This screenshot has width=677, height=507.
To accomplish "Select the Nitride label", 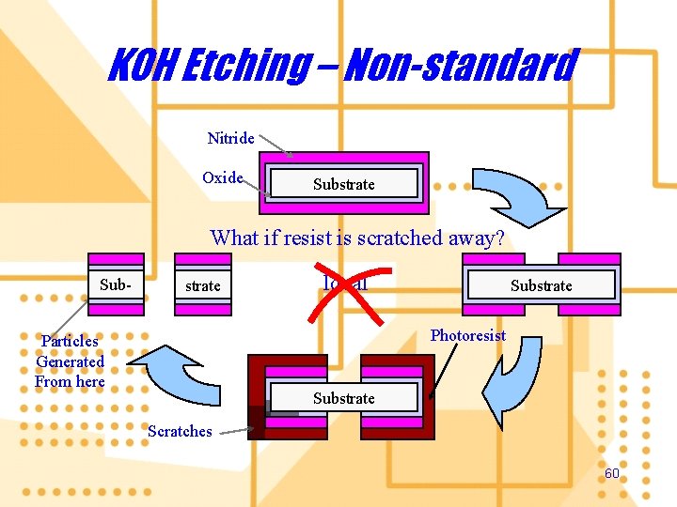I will point(230,139).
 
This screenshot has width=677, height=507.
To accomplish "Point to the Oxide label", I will point(223,177).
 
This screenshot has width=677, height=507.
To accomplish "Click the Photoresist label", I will point(467,335).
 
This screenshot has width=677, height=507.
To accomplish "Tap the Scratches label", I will point(180,431).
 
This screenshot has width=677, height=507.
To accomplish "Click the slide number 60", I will point(611,474).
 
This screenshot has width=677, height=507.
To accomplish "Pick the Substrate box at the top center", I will point(344,184).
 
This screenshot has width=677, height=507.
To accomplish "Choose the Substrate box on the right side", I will point(542,284).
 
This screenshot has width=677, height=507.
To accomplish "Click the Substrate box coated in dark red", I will point(344,398).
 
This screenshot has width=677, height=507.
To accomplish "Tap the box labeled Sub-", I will point(117,284).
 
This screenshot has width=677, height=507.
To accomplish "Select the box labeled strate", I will point(202,284).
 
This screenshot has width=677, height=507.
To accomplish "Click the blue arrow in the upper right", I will point(523,194).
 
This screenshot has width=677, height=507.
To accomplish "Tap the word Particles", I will point(70,341).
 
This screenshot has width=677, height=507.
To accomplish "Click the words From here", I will point(70,381).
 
